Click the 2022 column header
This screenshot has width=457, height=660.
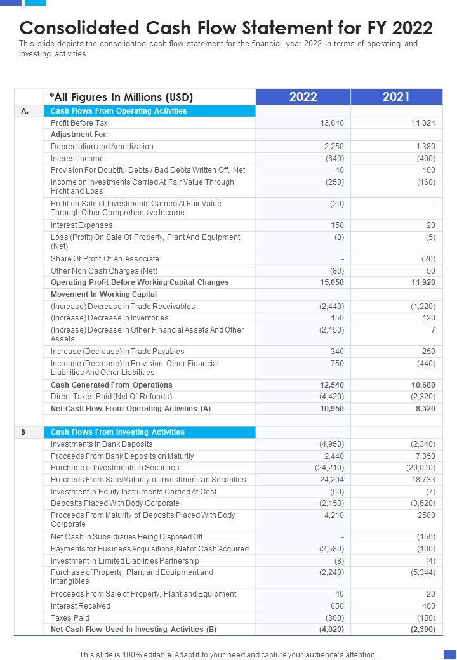pos(303,96)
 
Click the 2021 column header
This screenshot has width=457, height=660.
pos(396,96)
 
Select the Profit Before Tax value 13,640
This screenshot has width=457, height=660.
pos(333,122)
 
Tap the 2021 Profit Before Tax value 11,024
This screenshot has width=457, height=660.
pos(423,122)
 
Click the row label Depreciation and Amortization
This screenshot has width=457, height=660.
pos(102,147)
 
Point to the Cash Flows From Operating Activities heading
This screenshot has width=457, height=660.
pos(119,111)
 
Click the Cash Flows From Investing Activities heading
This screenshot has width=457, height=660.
pos(117,432)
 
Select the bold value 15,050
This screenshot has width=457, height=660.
pos(332,282)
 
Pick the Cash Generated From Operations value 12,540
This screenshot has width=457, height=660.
pos(332,385)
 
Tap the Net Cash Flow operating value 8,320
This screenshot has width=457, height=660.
pos(425,409)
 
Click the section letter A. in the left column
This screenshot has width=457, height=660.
pos(25,111)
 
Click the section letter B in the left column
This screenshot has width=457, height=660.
pos(23,432)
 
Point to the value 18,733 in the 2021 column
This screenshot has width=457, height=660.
pos(423,480)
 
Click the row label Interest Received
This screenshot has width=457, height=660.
pos(81,606)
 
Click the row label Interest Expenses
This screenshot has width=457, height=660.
pos(82,225)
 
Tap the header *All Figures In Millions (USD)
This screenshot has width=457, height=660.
pos(121,97)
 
